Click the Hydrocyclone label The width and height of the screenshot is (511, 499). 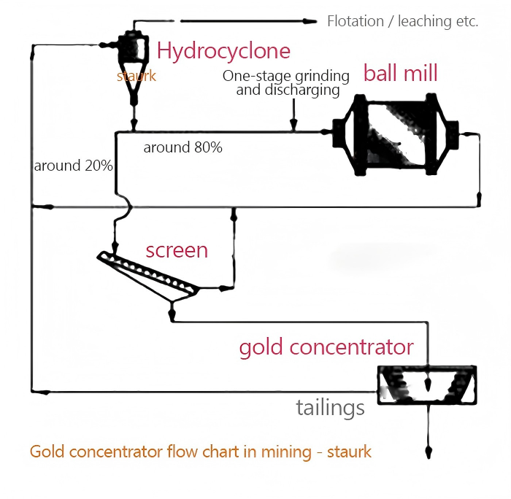tap(223, 51)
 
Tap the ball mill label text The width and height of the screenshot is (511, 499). tap(400, 73)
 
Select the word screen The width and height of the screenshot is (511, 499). tap(177, 250)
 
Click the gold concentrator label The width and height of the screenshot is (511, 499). tap(326, 347)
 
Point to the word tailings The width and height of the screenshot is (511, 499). tap(330, 408)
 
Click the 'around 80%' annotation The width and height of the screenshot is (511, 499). tap(182, 147)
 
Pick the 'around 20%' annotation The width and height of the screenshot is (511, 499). tap(73, 166)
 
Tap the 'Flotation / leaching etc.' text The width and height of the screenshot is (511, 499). tap(402, 21)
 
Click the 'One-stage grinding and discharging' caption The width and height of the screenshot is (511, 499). tap(286, 83)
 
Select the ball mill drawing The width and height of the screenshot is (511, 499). tap(396, 135)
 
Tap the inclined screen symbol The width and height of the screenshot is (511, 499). tap(148, 276)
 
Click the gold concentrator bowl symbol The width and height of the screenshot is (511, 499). tap(427, 385)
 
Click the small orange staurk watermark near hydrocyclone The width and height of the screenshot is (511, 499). tap(137, 76)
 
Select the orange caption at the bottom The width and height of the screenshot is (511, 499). tap(201, 452)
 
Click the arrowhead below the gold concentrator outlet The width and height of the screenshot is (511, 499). tap(429, 452)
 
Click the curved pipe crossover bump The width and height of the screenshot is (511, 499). tap(126, 206)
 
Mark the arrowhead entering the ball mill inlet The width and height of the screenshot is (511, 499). tap(326, 132)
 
